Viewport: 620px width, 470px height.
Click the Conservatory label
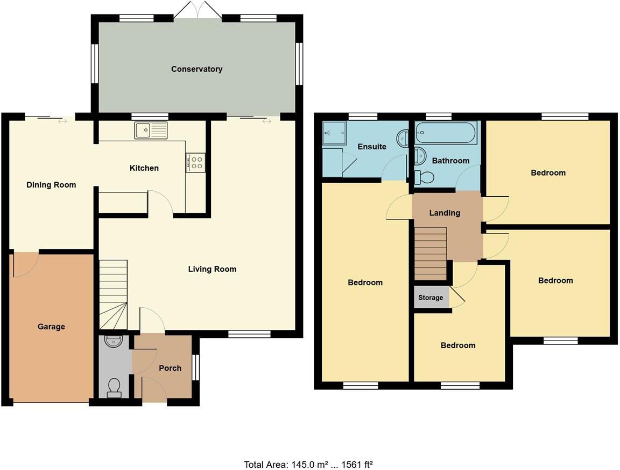[x=196, y=69]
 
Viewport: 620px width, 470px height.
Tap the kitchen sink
[x=151, y=130]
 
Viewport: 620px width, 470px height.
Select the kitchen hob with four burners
[x=195, y=162]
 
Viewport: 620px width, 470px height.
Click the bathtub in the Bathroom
[x=446, y=133]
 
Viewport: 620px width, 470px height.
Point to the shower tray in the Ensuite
[x=333, y=134]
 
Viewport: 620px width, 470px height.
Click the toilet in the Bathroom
[x=425, y=176]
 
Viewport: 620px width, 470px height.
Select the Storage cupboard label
[x=431, y=298]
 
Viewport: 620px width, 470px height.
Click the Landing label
[x=445, y=213]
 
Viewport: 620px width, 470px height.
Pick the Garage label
[x=51, y=327]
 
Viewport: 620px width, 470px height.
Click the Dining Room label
[x=51, y=185]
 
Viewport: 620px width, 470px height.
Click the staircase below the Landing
[x=431, y=253]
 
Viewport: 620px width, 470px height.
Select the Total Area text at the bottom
[x=308, y=464]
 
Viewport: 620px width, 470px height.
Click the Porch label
[x=170, y=368]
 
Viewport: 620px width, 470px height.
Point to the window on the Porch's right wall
[x=195, y=368]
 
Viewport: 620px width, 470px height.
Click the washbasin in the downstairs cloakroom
[x=114, y=341]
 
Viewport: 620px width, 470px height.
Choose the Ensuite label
[x=372, y=147]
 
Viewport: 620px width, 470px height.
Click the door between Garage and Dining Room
[x=25, y=264]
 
